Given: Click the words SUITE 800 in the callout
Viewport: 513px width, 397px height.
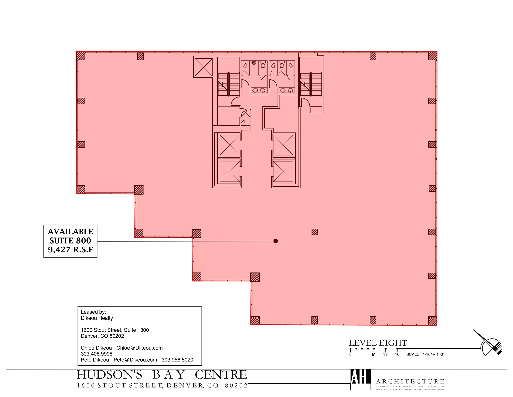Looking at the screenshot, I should tap(70, 241).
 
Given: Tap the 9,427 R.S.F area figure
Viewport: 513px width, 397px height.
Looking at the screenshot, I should tap(70, 250).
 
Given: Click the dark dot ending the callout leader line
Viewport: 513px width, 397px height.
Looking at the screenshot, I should tap(276, 241).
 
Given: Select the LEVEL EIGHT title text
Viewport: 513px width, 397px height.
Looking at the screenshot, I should tap(378, 343).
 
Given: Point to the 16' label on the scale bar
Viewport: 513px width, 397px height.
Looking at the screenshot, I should tap(397, 354).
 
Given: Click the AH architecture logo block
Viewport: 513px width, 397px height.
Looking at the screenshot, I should tap(360, 379).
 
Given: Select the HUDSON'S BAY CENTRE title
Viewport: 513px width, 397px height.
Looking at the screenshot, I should tap(162, 375).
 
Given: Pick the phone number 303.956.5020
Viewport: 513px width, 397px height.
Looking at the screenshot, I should tap(177, 360).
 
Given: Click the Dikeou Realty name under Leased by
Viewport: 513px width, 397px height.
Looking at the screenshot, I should tap(97, 318).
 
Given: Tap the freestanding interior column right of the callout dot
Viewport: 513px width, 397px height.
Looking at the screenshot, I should tap(315, 232).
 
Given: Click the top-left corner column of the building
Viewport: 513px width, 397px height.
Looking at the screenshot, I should tap(81, 56).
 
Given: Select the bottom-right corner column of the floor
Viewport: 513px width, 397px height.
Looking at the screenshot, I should tap(432, 321).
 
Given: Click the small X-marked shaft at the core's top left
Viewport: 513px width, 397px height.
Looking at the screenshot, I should tap(203, 67).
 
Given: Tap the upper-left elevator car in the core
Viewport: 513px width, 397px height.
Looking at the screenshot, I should tap(229, 145).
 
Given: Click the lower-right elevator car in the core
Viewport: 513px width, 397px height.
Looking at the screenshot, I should tap(283, 171).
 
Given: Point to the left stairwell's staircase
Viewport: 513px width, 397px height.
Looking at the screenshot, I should tap(228, 84).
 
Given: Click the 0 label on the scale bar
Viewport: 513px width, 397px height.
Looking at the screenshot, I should tap(350, 354).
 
